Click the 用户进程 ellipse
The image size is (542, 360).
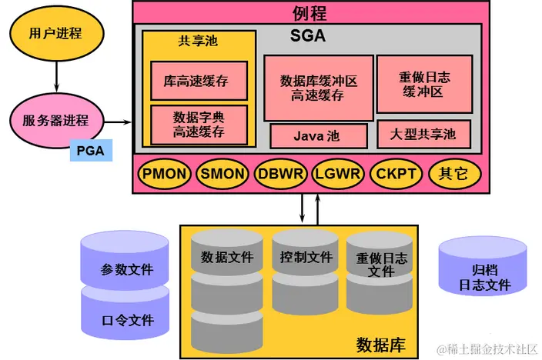pyautogui.click(x=55, y=34)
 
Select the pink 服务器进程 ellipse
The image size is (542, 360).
pyautogui.click(x=56, y=121)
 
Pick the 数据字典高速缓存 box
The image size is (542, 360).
pyautogui.click(x=199, y=124)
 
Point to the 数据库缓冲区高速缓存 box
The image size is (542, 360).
pyautogui.click(x=318, y=87)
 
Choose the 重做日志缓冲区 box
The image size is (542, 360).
pyautogui.click(x=423, y=84)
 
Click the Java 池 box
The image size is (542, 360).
pyautogui.click(x=317, y=136)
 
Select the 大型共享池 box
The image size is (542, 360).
pyautogui.click(x=423, y=135)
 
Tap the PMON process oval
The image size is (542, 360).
pyautogui.click(x=164, y=173)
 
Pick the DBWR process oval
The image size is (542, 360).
pyautogui.click(x=280, y=173)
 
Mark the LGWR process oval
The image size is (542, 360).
pyautogui.click(x=338, y=173)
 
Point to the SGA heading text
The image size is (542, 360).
pyautogui.click(x=308, y=35)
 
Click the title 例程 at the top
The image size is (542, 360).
pyautogui.click(x=309, y=12)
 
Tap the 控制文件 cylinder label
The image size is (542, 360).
pyautogui.click(x=306, y=258)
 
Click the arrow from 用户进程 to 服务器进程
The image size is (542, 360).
pyautogui.click(x=56, y=78)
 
